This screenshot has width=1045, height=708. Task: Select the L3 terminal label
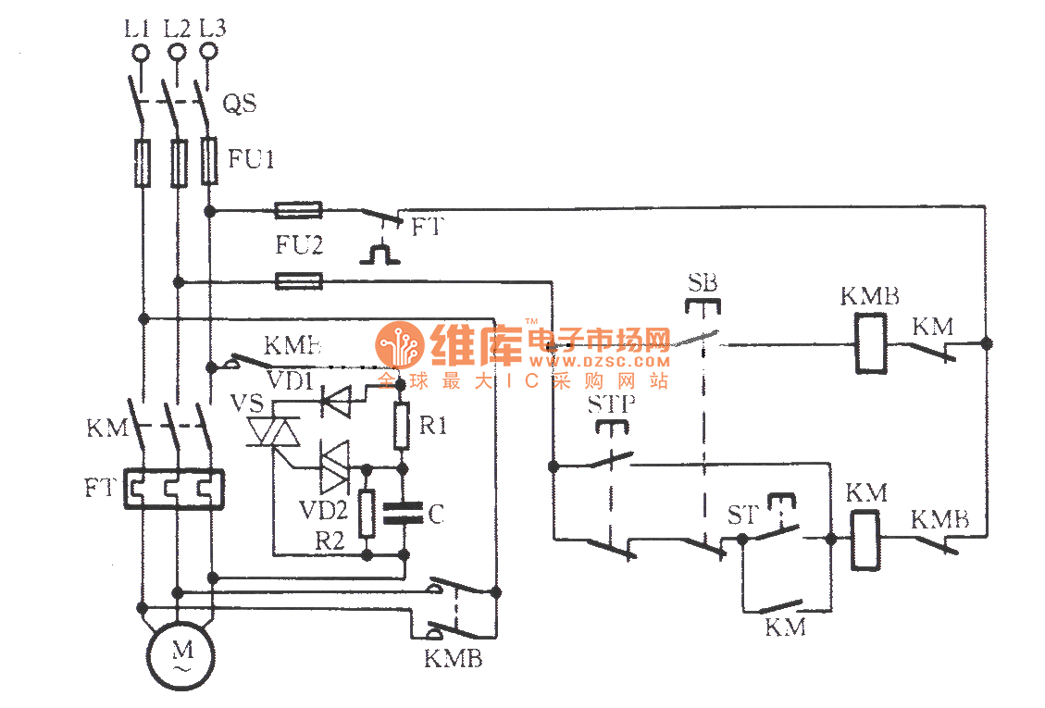click(212, 27)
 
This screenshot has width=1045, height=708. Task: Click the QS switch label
click(239, 104)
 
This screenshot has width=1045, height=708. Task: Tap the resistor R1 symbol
click(401, 426)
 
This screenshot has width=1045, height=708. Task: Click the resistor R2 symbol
click(367, 515)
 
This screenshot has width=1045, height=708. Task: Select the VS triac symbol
click(275, 432)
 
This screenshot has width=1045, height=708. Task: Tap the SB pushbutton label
click(703, 282)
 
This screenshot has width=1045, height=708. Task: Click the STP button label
click(610, 404)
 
